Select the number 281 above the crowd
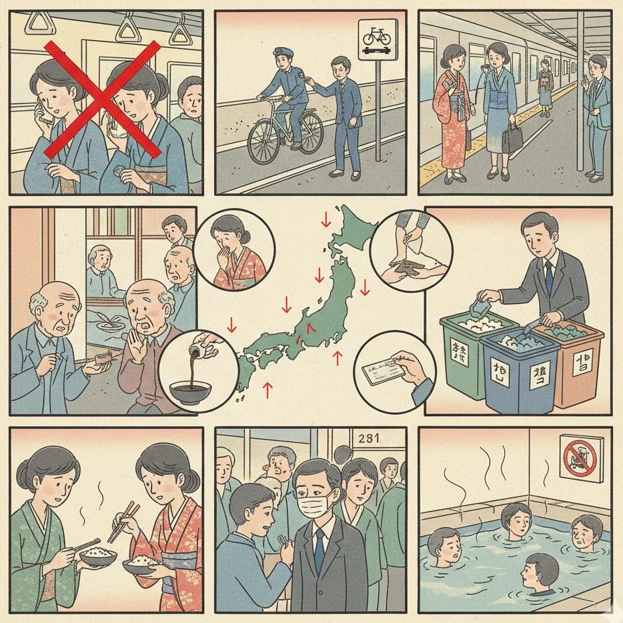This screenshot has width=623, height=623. pyautogui.click(x=369, y=439)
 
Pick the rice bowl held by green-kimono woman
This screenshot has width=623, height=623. pyautogui.click(x=99, y=556)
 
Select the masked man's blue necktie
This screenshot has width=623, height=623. pyautogui.click(x=320, y=540)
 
